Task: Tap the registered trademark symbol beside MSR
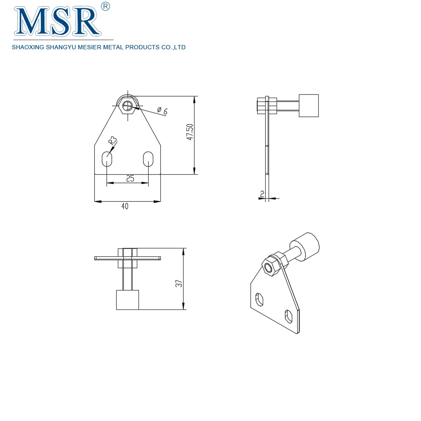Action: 106,6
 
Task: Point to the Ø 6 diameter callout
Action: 162,111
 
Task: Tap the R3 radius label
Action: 112,141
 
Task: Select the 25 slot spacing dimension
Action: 130,179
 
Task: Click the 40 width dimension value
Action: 125,206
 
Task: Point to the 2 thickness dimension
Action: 262,194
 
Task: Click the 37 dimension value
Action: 179,284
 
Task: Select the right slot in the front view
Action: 148,159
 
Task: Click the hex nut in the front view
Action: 128,105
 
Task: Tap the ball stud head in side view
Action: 309,105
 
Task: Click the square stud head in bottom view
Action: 128,300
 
